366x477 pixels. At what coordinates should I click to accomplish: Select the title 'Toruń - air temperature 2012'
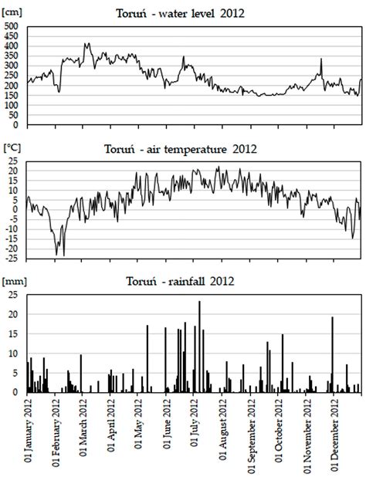click(183, 150)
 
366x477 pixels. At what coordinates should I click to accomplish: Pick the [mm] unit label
click(13, 281)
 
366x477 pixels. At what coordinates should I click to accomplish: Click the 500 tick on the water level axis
click(12, 25)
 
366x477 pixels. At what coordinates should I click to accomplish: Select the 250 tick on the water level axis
click(12, 75)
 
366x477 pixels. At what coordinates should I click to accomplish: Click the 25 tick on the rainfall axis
click(14, 294)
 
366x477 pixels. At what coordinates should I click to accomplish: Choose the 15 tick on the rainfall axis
click(14, 333)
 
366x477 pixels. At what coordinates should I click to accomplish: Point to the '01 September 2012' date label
click(252, 434)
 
